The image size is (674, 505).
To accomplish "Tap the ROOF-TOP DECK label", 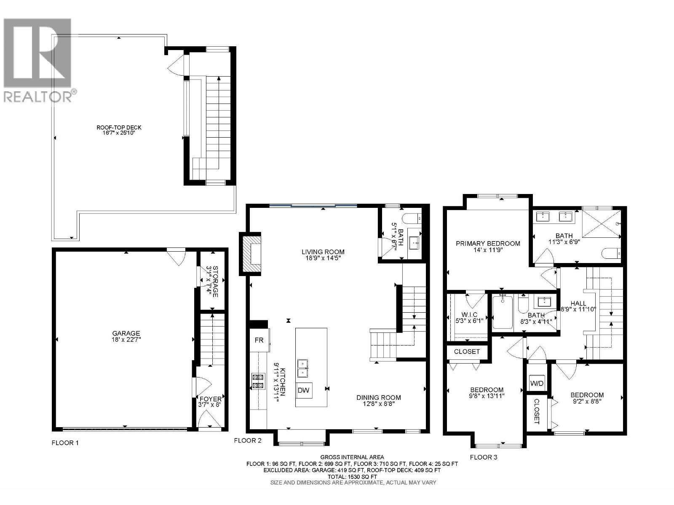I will (x=119, y=128).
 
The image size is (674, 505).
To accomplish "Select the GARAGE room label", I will (x=126, y=333).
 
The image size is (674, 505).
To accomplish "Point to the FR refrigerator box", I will (x=259, y=340).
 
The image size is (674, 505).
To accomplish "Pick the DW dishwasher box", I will (x=303, y=391).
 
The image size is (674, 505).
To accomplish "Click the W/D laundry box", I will (x=537, y=383).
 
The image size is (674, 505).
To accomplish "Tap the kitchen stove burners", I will (x=258, y=381).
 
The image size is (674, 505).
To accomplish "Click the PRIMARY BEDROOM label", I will (x=488, y=243).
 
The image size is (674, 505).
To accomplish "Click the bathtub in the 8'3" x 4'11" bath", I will (x=502, y=312).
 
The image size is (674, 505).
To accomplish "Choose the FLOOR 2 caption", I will (x=248, y=440).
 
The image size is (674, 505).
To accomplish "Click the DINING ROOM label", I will (x=378, y=397).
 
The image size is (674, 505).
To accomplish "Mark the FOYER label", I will (x=210, y=399).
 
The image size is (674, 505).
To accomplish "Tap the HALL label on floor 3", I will (x=578, y=303).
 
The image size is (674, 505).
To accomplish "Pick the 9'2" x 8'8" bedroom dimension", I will (x=587, y=401).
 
